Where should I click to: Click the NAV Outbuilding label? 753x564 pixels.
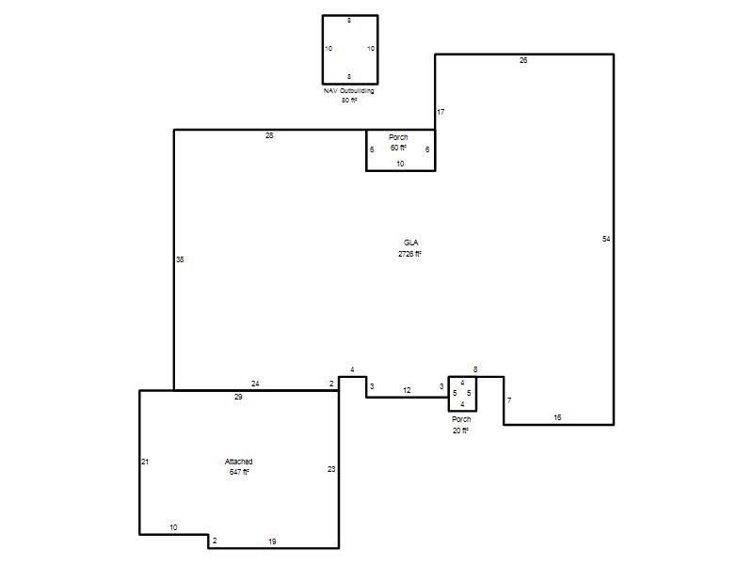348,90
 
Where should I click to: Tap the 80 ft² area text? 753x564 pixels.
349,101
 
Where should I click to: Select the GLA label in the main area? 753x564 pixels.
410,243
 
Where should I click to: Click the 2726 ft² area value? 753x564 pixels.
409,254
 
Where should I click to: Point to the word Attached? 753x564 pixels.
239,462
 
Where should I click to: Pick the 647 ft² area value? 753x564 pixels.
239,472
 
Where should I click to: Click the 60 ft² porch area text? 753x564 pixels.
398,148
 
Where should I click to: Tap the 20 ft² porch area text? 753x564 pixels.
460,431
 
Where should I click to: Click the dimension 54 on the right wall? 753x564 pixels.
606,239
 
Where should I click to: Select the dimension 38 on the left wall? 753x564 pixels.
180,259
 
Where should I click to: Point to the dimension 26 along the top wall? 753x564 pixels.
523,60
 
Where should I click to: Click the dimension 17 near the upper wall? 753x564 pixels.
441,112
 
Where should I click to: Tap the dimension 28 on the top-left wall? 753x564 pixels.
269,135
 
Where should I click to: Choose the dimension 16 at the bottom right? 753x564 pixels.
557,417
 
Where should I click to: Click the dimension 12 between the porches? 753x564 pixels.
407,390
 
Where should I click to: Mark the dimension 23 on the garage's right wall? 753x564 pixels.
331,469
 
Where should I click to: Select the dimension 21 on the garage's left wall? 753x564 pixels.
145,462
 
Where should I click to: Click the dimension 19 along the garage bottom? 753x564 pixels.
272,541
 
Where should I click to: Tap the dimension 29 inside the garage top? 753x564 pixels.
238,397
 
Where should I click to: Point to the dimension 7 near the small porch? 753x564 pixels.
509,400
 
